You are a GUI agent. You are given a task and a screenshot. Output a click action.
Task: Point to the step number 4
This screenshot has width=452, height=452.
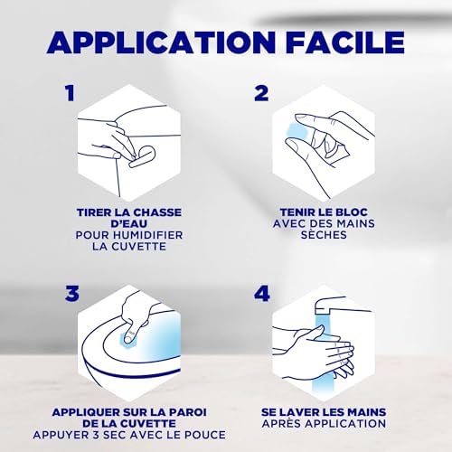[x=261, y=294]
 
